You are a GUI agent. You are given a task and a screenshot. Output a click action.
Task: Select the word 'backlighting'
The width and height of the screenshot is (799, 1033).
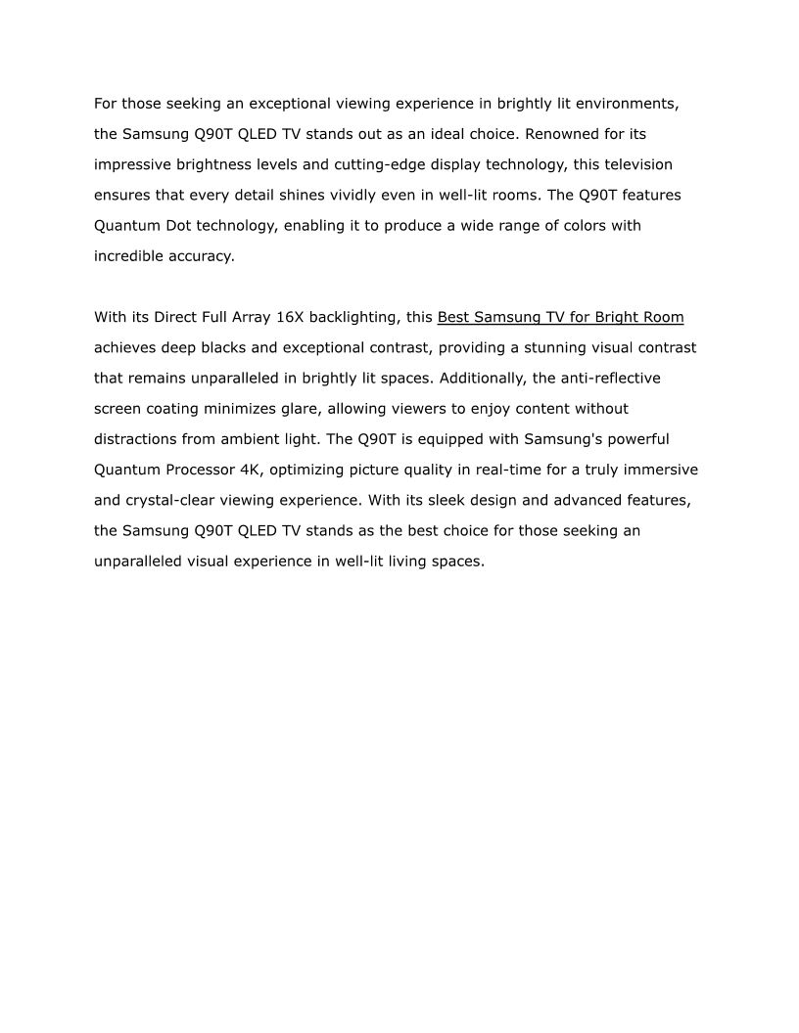coord(354,317)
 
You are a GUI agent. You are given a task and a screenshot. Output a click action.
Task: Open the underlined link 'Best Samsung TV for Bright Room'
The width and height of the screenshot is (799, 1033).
coord(560,317)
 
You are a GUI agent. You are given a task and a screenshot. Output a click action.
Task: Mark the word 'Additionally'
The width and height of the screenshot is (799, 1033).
coord(481,378)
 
